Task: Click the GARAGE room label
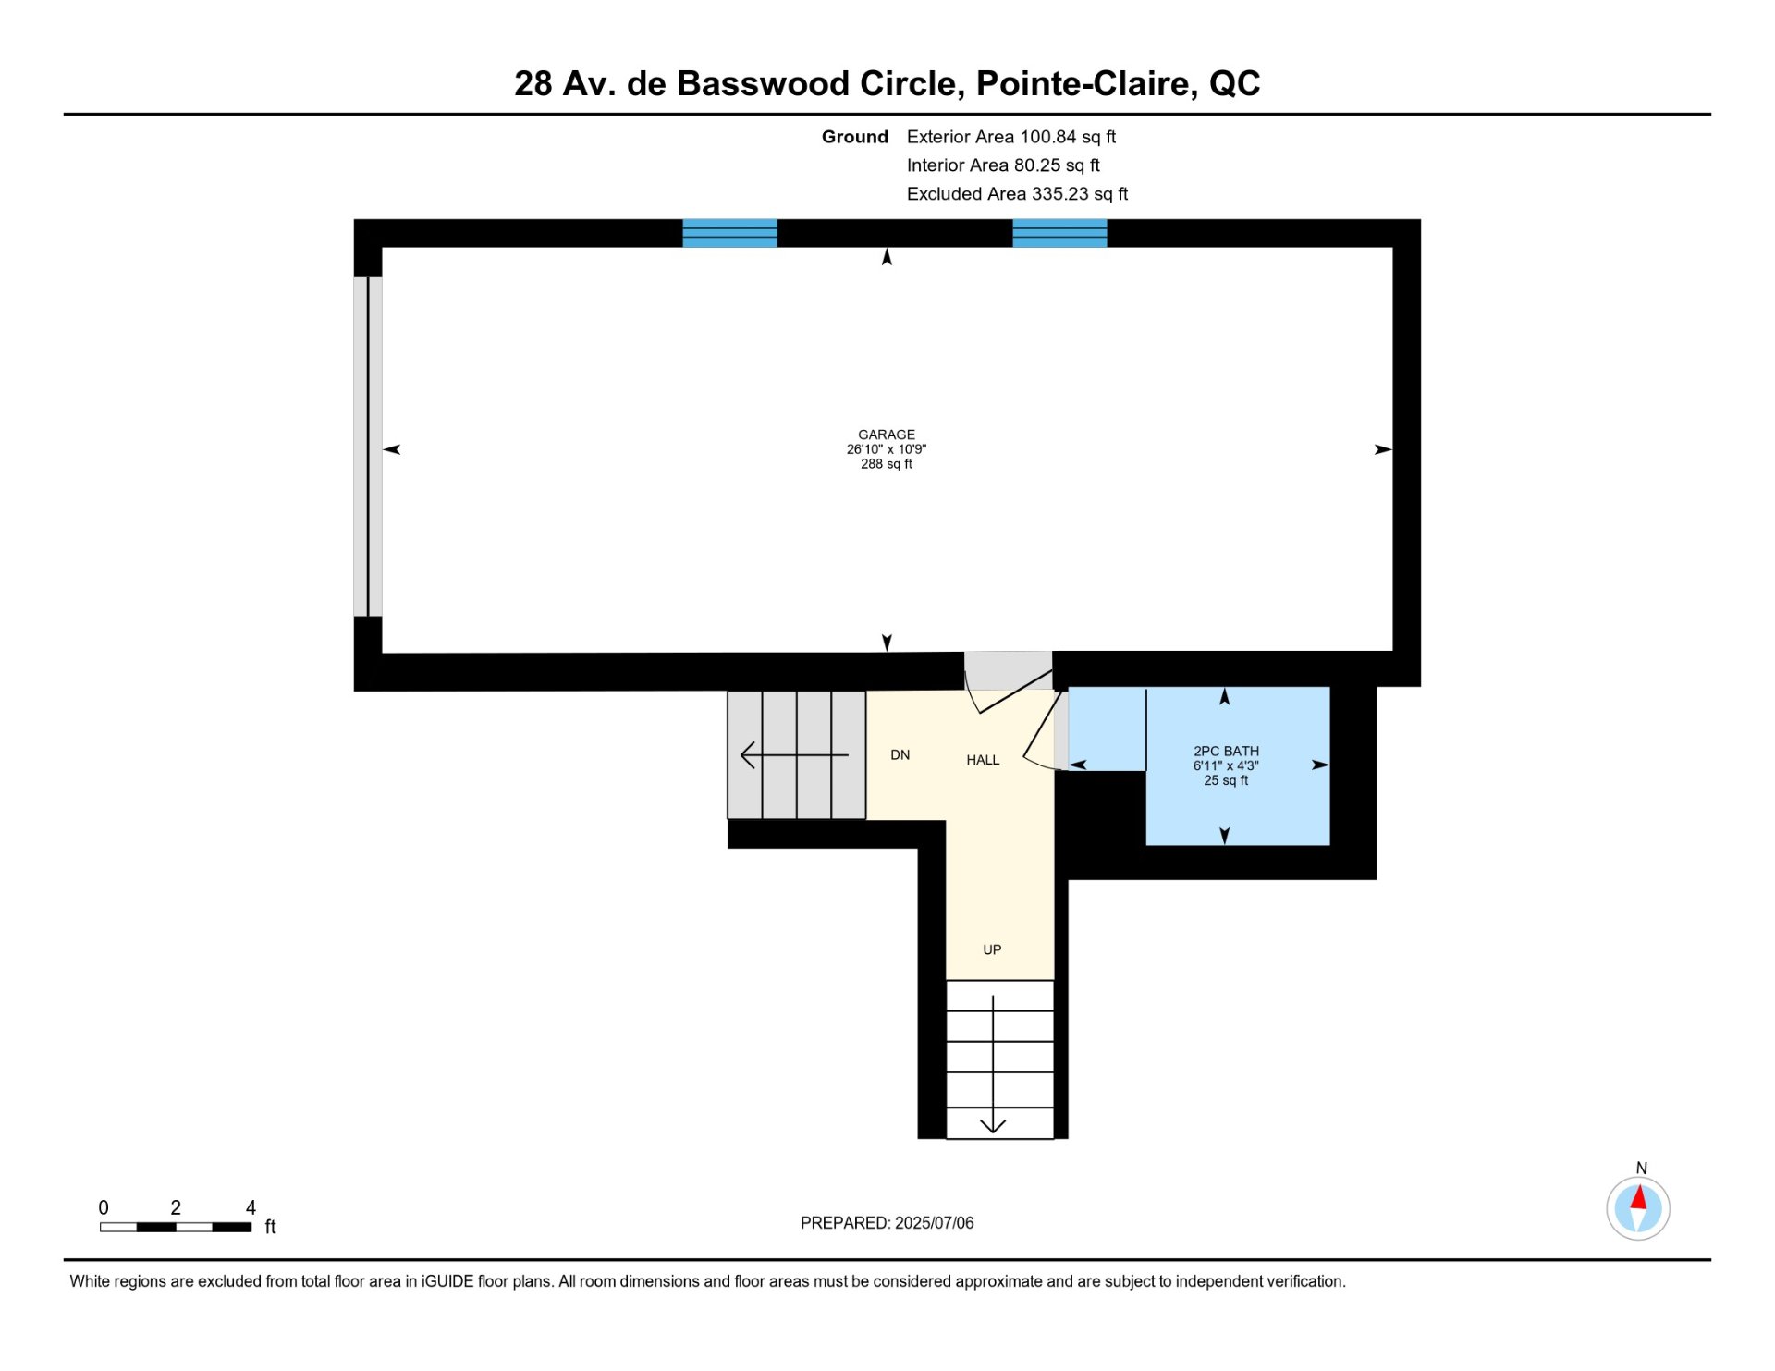pyautogui.click(x=886, y=435)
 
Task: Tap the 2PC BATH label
pyautogui.click(x=1226, y=752)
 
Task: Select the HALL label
pyautogui.click(x=983, y=760)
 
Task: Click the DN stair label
pyautogui.click(x=900, y=755)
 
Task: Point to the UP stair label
pyautogui.click(x=992, y=949)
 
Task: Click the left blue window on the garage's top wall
pyautogui.click(x=729, y=233)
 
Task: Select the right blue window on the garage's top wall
pyautogui.click(x=1059, y=233)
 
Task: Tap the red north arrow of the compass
pyautogui.click(x=1639, y=1197)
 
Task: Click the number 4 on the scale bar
pyautogui.click(x=251, y=1207)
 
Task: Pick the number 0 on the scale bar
pyautogui.click(x=104, y=1207)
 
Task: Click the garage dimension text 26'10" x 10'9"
pyautogui.click(x=886, y=449)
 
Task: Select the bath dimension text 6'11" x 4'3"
pyautogui.click(x=1226, y=765)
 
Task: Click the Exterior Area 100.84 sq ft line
pyautogui.click(x=1011, y=137)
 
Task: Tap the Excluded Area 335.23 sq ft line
pyautogui.click(x=1017, y=194)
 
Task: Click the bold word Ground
pyautogui.click(x=855, y=137)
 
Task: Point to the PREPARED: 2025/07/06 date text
pyautogui.click(x=887, y=1223)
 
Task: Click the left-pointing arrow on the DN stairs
pyautogui.click(x=794, y=755)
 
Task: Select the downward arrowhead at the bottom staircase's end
pyautogui.click(x=993, y=1126)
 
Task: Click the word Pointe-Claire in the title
pyautogui.click(x=1086, y=83)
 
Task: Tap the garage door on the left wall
pyautogui.click(x=368, y=447)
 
